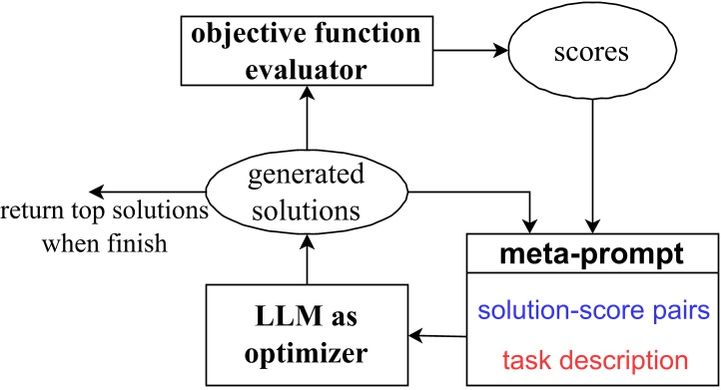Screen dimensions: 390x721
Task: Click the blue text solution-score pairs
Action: click(593, 310)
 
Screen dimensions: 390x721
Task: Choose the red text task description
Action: click(593, 356)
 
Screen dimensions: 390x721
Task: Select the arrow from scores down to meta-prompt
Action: click(595, 160)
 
